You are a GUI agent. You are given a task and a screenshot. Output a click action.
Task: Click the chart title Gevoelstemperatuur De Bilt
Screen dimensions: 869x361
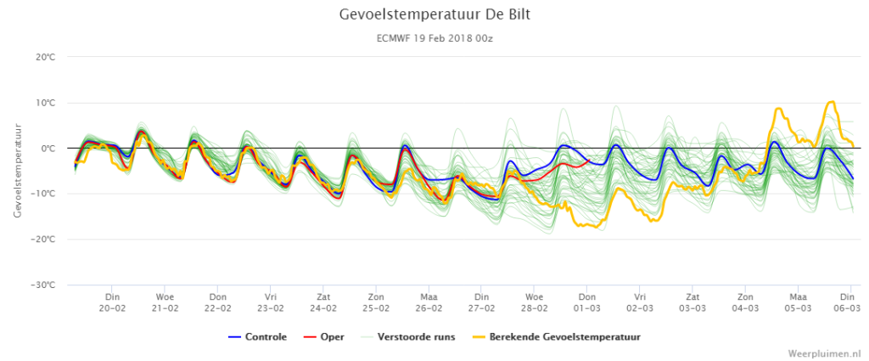pyautogui.click(x=434, y=14)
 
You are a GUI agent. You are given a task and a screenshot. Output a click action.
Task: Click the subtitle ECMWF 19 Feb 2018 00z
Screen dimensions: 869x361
pyautogui.click(x=434, y=39)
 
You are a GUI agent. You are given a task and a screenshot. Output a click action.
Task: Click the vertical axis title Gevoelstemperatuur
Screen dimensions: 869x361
pyautogui.click(x=19, y=171)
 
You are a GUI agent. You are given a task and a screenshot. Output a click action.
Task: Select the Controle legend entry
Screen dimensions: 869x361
pyautogui.click(x=257, y=336)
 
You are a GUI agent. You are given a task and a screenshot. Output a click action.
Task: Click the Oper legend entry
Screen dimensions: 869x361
pyautogui.click(x=323, y=336)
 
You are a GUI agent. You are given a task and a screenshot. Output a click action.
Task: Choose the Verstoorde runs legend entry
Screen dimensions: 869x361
pyautogui.click(x=407, y=336)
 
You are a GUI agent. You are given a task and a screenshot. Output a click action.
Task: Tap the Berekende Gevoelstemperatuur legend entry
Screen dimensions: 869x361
pyautogui.click(x=556, y=336)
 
